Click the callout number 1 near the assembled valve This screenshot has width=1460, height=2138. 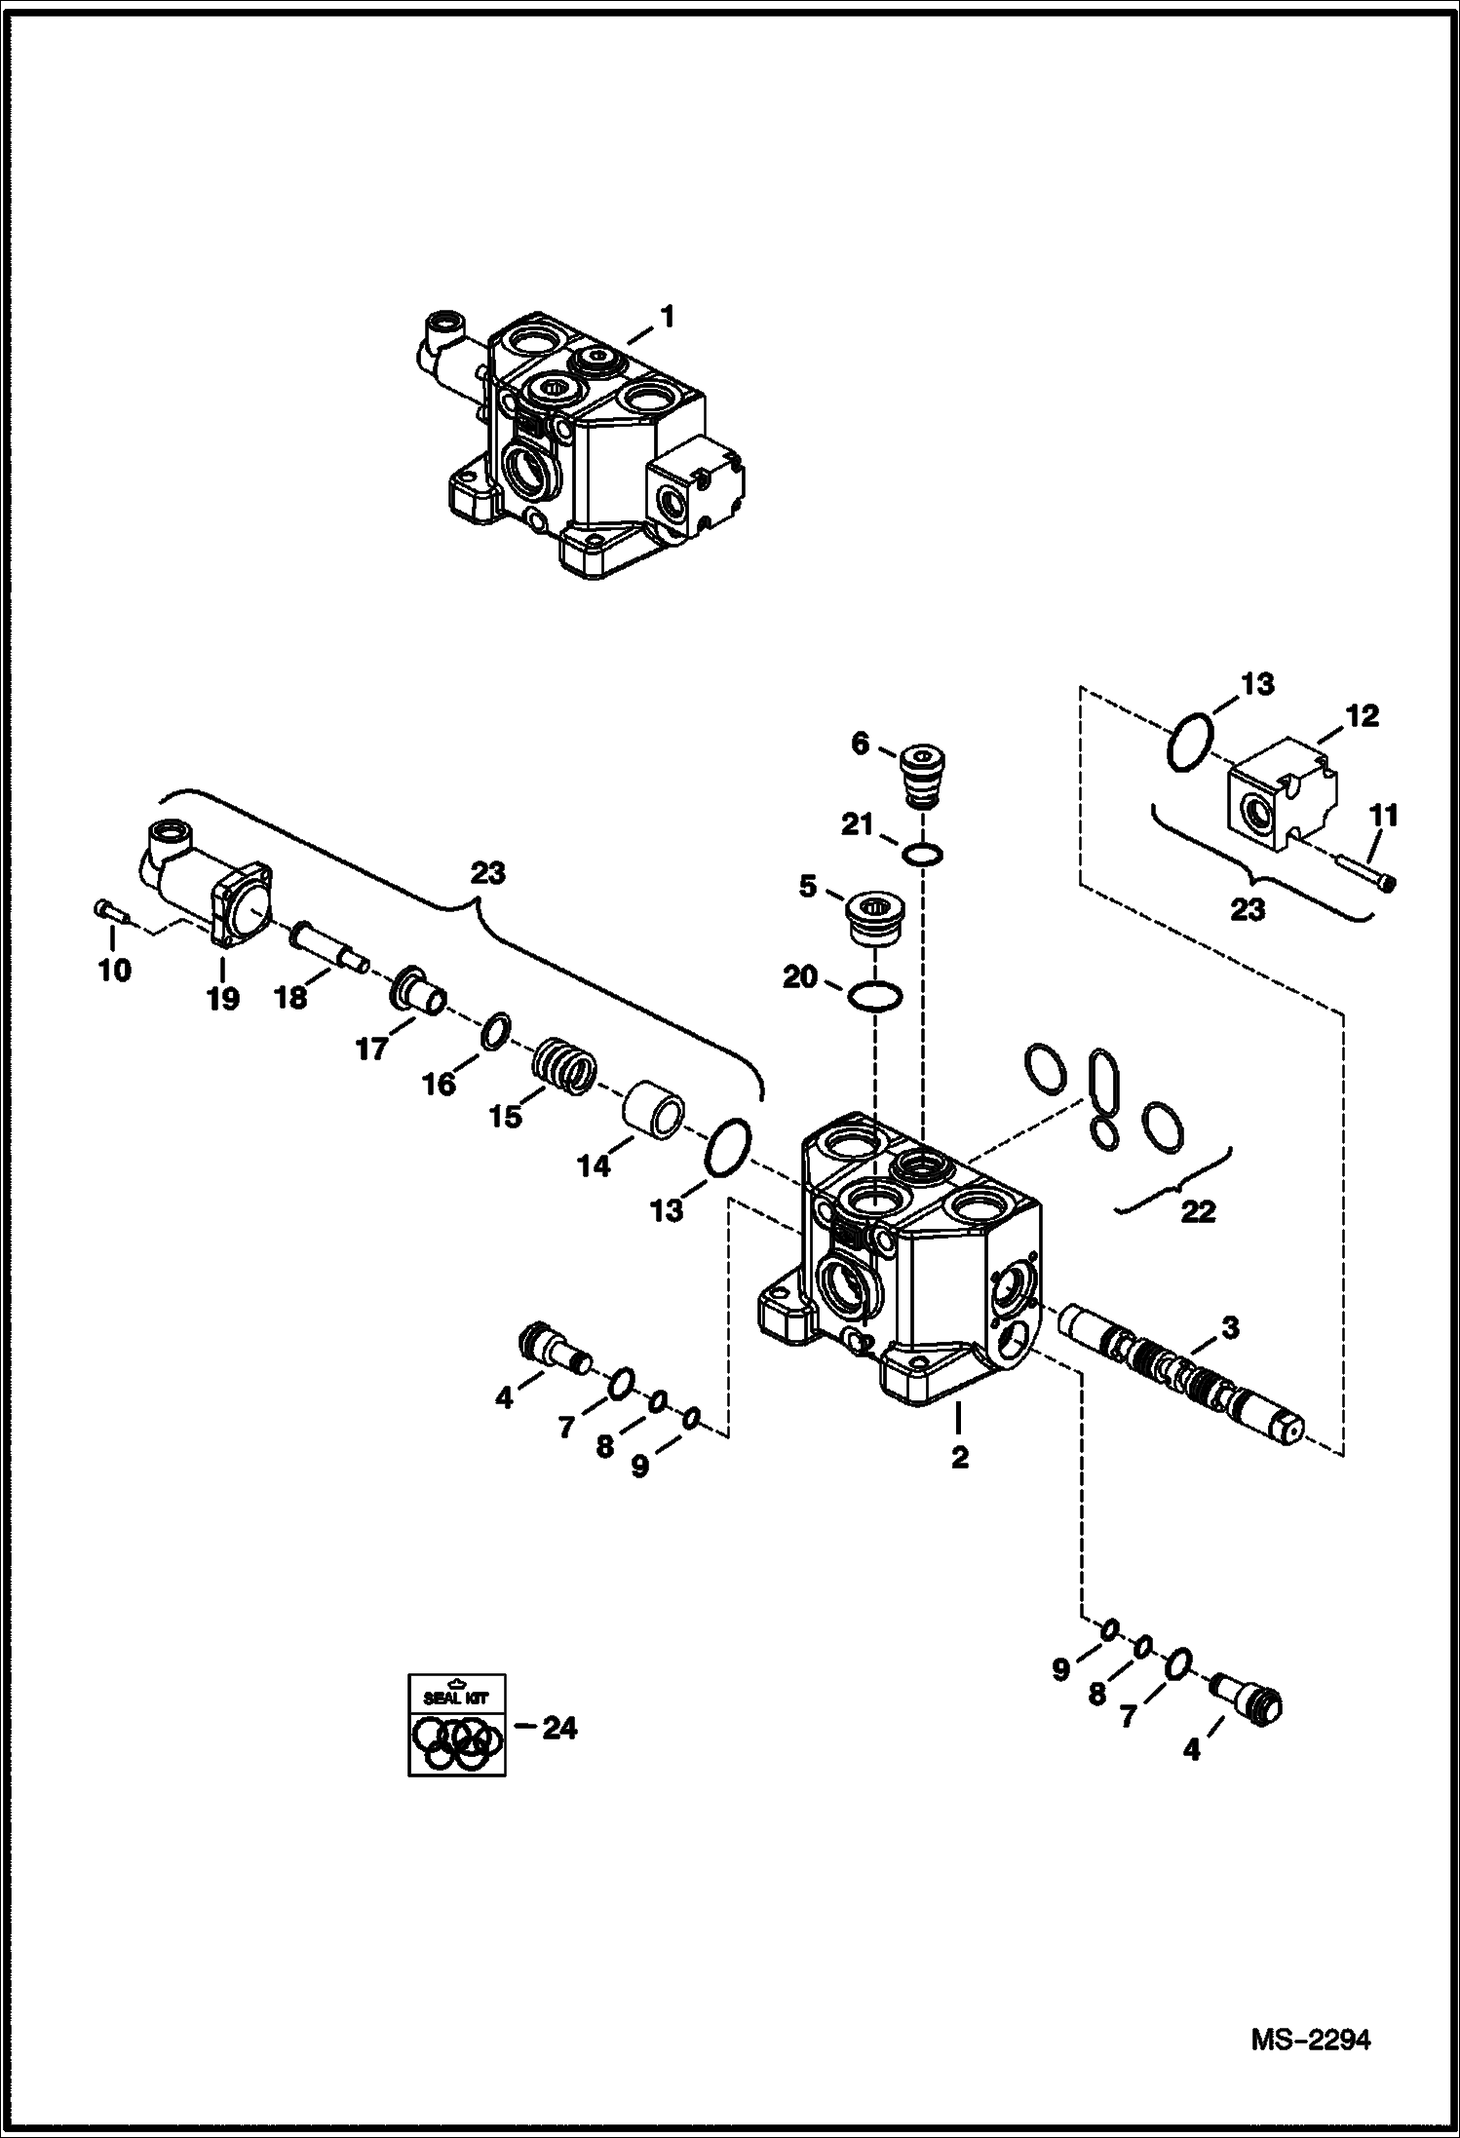667,318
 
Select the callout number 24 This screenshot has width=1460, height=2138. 559,1729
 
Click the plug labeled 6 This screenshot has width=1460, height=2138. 921,776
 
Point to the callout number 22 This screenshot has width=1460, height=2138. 1197,1211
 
